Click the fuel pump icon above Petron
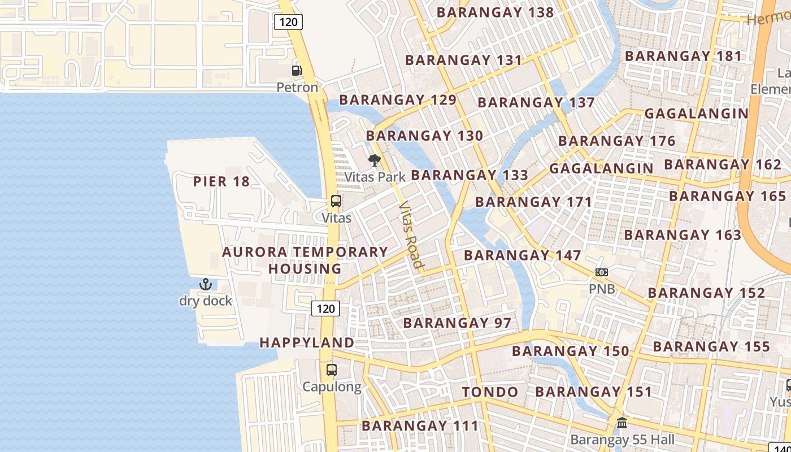[x=297, y=71]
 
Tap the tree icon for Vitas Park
[x=374, y=160]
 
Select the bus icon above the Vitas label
[x=336, y=201]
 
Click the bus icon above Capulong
[x=332, y=370]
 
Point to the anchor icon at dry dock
[x=205, y=284]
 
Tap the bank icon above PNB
[x=602, y=272]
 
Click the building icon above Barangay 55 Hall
[x=622, y=423]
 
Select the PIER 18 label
[x=221, y=181]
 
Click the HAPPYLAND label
[x=307, y=342]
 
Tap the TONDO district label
[x=490, y=392]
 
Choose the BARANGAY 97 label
[x=457, y=323]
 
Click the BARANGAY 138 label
[x=495, y=12]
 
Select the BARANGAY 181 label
[x=683, y=56]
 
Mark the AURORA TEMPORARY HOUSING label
[x=305, y=260]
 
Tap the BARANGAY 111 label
[x=420, y=425]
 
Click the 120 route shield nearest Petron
[x=289, y=22]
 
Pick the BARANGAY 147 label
[x=523, y=255]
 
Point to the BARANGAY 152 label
[x=706, y=293]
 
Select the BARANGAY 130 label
[x=424, y=136]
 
